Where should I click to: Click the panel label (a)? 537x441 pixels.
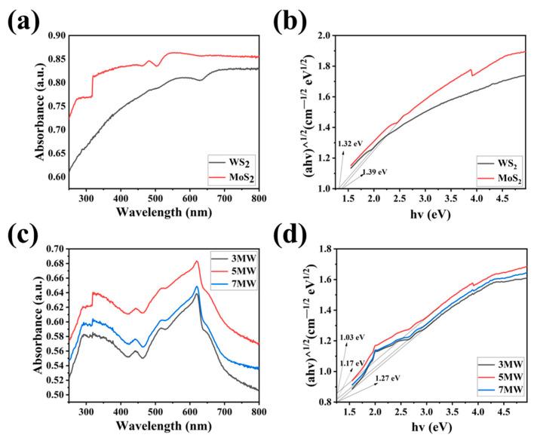24,20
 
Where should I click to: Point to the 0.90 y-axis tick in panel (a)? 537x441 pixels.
54,35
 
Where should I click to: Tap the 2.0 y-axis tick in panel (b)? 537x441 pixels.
324,35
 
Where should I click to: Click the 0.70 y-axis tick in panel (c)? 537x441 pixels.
54,248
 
